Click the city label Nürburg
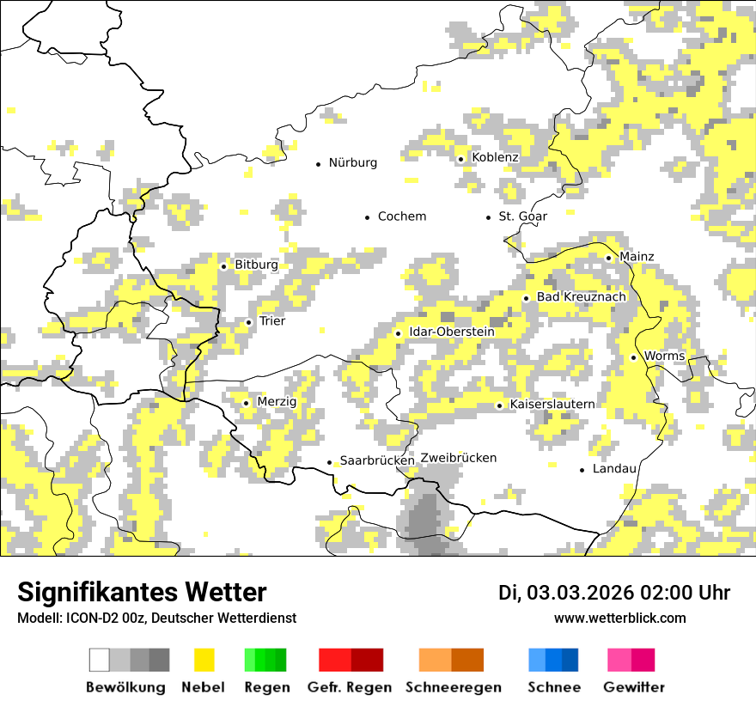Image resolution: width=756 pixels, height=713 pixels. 352,162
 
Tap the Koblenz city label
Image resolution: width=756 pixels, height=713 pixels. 495,157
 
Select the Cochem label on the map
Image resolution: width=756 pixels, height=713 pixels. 402,216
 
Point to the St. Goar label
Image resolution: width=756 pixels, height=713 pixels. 522,216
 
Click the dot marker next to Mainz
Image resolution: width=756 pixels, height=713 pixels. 608,258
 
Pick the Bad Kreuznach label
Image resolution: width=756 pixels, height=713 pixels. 582,297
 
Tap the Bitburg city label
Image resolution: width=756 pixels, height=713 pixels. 256,265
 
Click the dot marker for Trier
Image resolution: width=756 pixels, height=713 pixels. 249,322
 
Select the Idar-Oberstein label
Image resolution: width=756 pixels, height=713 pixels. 452,332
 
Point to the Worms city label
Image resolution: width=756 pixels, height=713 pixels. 664,356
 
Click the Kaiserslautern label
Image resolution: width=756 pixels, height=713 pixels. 552,405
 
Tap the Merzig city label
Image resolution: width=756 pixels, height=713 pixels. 277,402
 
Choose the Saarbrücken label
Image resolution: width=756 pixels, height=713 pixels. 377,461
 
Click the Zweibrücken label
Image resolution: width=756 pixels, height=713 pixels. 459,458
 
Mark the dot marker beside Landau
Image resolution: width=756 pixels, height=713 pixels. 582,470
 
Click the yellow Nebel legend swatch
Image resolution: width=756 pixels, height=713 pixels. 204,660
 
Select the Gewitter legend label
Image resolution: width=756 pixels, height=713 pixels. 634,687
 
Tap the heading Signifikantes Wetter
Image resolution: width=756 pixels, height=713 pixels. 142,593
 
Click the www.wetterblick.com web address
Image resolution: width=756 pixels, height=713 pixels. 619,619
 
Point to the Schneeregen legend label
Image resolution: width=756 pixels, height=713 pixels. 454,687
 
